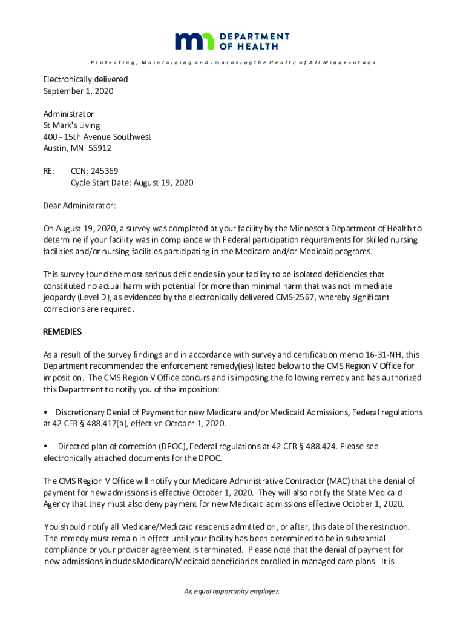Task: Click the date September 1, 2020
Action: (x=78, y=91)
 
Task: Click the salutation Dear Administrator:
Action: (x=79, y=206)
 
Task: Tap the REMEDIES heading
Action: (x=62, y=332)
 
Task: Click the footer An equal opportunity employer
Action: (x=232, y=592)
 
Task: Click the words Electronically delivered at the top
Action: (x=85, y=79)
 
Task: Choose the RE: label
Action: (x=49, y=171)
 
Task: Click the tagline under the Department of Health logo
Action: (x=233, y=62)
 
